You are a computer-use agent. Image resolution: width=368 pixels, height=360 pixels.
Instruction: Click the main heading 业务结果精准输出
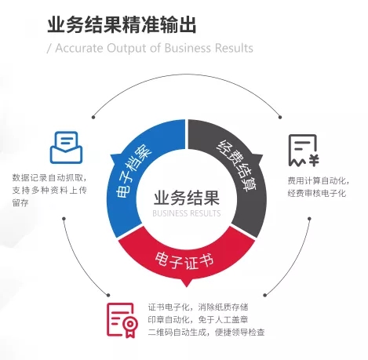(x=122, y=25)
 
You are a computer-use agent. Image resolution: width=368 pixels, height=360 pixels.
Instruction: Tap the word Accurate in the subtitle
(x=79, y=48)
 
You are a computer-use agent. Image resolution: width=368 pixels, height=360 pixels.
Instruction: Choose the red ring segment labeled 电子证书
(x=186, y=257)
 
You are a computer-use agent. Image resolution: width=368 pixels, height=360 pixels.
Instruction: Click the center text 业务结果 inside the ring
(x=187, y=198)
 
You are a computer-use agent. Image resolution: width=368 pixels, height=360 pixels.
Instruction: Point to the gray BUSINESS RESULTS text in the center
(x=187, y=213)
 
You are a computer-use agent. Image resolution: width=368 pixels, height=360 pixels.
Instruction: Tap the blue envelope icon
(x=66, y=147)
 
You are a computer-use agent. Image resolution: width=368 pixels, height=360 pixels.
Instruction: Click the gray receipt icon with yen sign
(x=304, y=151)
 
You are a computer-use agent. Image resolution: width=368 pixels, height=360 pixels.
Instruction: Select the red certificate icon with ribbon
(x=122, y=320)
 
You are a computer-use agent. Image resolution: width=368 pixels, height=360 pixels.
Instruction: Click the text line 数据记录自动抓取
(x=49, y=178)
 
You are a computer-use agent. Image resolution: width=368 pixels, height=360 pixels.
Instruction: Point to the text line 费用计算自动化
(x=319, y=180)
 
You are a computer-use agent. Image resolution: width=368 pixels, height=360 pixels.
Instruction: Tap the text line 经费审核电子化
(x=317, y=194)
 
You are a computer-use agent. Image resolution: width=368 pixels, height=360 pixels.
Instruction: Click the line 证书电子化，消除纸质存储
(x=198, y=307)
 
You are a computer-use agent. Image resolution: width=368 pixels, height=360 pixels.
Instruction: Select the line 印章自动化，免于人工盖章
(x=198, y=319)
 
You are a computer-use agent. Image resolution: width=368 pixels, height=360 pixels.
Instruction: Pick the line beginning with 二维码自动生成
(x=206, y=333)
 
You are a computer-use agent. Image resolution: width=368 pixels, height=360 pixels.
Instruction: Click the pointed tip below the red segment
(x=186, y=287)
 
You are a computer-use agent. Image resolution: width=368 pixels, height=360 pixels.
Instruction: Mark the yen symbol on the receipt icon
(x=313, y=160)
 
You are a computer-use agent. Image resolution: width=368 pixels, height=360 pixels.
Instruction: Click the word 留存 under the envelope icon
(x=20, y=203)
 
